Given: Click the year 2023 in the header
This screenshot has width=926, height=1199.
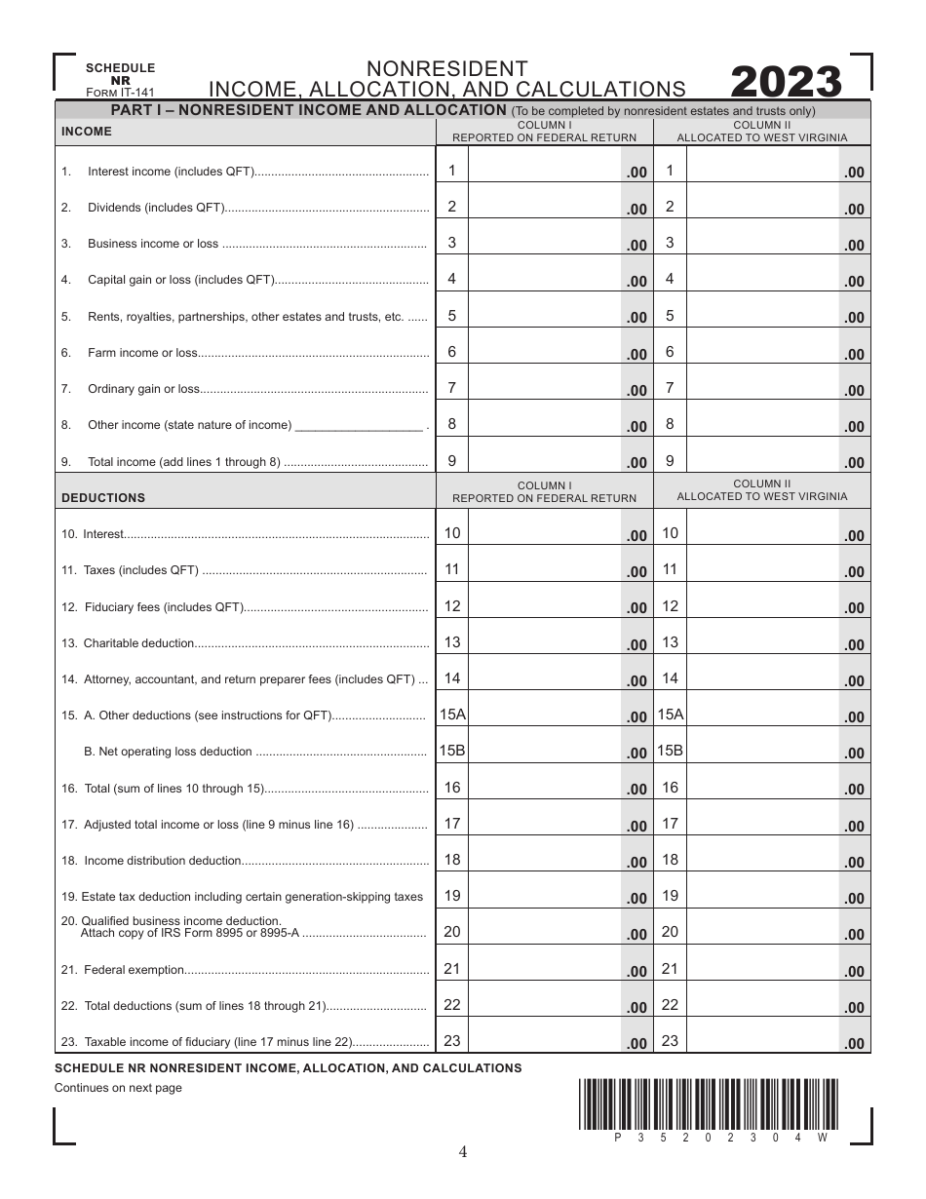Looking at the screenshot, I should (786, 83).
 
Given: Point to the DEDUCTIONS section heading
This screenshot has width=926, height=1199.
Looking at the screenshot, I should (103, 497).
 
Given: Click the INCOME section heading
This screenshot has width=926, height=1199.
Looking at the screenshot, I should (87, 132).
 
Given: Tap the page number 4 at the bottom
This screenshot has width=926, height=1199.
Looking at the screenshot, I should (463, 1152).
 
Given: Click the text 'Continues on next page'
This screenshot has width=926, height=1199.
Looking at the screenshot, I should (118, 1088).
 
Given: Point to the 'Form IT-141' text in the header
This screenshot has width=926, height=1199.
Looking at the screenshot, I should (120, 93).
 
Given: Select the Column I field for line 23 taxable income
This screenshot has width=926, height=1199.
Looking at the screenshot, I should (546, 1041).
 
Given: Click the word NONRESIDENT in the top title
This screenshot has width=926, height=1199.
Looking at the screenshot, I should (447, 68).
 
